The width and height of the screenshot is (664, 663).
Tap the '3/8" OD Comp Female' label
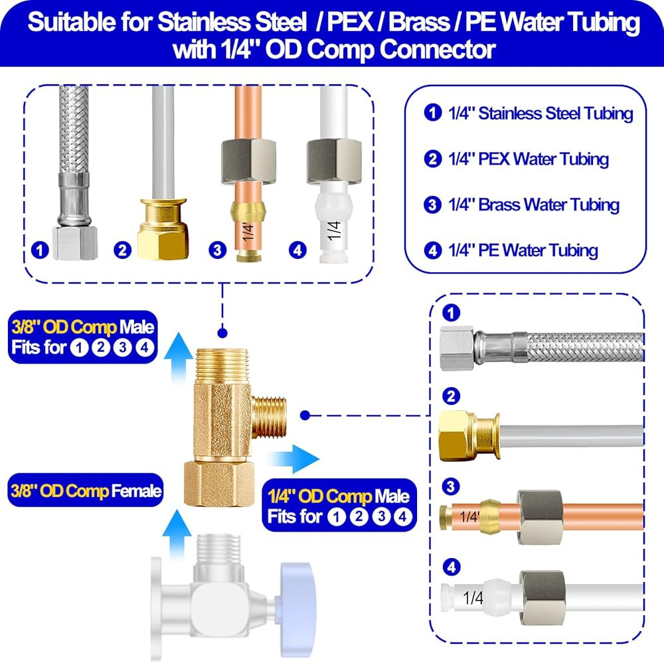coord(86,490)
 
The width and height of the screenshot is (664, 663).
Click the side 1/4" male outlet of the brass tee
coord(270,417)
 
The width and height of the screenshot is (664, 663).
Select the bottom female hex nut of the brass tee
coord(219,484)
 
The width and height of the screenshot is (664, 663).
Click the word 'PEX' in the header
coord(350,23)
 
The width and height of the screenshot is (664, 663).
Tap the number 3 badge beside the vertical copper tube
coord(217,250)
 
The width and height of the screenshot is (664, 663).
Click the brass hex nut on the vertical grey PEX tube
coord(163,242)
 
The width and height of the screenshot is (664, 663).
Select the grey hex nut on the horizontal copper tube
coord(540,517)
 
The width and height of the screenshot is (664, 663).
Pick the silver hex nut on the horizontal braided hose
coord(457,348)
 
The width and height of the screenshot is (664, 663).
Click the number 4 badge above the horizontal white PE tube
coord(451,567)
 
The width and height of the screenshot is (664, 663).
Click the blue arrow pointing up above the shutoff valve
coord(177,535)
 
